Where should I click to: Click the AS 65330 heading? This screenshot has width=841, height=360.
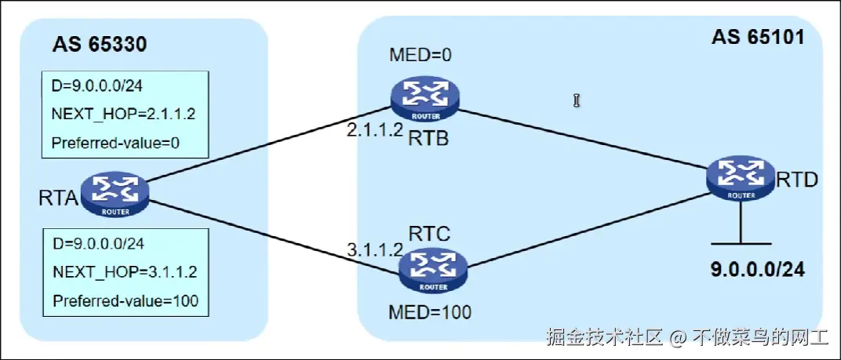click(100, 44)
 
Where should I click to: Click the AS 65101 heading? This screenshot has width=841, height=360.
click(758, 37)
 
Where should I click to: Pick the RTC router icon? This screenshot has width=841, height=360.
click(431, 266)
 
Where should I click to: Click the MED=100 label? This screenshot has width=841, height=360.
click(430, 312)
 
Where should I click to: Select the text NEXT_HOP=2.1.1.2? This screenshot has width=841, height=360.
click(123, 113)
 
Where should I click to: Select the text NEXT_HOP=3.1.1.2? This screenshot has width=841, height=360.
click(123, 271)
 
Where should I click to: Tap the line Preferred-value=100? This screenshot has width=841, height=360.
click(125, 300)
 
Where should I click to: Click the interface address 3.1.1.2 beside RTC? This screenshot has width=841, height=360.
click(375, 250)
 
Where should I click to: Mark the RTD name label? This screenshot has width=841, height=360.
click(797, 180)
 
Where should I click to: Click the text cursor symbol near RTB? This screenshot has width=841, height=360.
click(577, 100)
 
